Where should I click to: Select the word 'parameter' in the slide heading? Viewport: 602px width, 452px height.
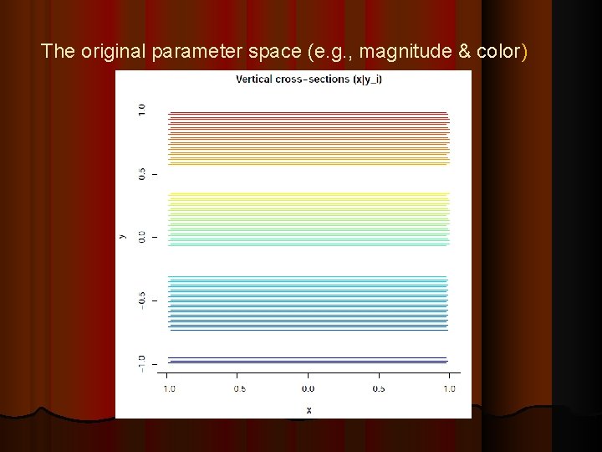pyautogui.click(x=179, y=52)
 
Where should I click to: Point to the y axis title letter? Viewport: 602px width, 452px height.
pyautogui.click(x=122, y=237)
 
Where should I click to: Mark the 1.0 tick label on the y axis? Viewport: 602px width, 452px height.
pyautogui.click(x=142, y=110)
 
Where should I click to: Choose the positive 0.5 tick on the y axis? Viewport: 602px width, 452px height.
pyautogui.click(x=142, y=173)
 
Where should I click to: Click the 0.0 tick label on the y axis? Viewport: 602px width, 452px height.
pyautogui.click(x=142, y=236)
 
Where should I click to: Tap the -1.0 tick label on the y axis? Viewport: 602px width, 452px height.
pyautogui.click(x=142, y=362)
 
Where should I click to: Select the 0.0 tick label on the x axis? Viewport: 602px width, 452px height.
pyautogui.click(x=308, y=388)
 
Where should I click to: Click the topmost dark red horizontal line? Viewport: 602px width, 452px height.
pyautogui.click(x=308, y=112)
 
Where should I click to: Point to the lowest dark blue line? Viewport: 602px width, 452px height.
pyautogui.click(x=308, y=363)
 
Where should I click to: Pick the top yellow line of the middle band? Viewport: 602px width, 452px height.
pyautogui.click(x=308, y=193)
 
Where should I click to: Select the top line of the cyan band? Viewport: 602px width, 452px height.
pyautogui.click(x=308, y=277)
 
